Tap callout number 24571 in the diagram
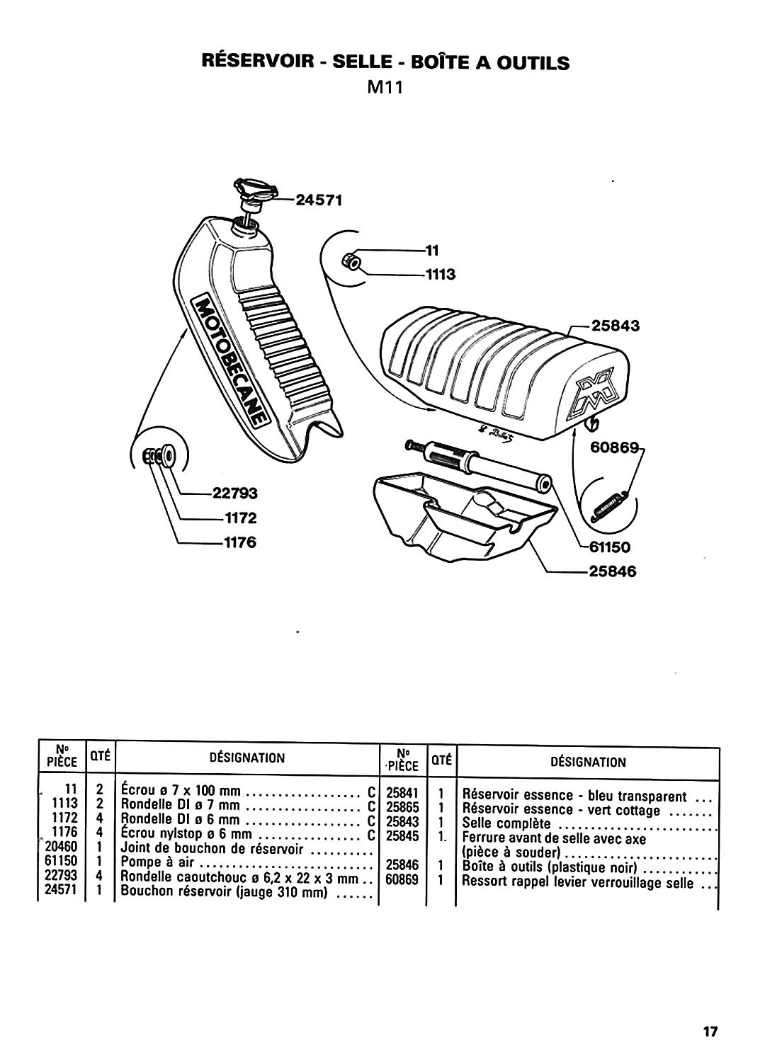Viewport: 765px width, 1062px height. point(319,200)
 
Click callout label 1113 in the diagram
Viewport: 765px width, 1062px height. point(441,275)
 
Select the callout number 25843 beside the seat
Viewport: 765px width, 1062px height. point(615,326)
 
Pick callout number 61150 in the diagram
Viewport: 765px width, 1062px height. point(609,547)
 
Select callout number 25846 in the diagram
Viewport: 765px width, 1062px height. point(612,571)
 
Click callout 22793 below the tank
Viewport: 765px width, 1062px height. point(234,493)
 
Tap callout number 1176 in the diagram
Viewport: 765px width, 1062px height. point(240,542)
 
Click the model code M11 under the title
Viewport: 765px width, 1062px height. point(385,88)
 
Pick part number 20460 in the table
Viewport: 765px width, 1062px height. point(61,846)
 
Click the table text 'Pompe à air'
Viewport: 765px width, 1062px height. point(157,861)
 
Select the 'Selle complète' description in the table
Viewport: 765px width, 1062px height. point(506,823)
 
